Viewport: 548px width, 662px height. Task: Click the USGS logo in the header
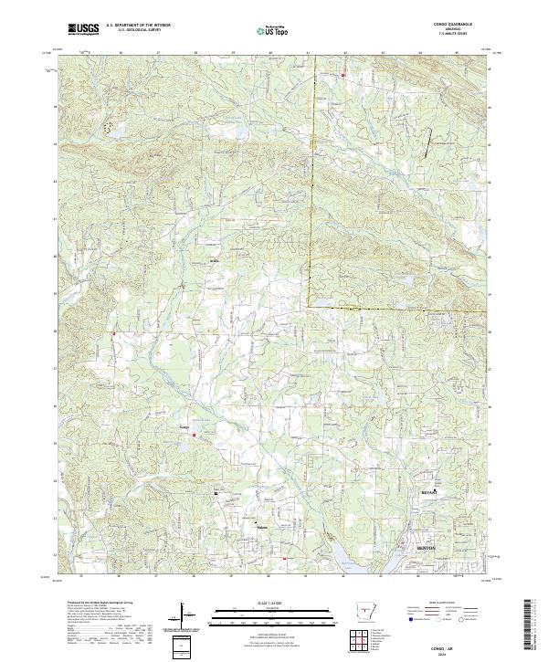82,29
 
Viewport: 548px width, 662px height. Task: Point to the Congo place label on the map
184,426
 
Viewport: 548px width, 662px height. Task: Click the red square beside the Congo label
194,436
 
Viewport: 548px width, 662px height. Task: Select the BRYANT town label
429,490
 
